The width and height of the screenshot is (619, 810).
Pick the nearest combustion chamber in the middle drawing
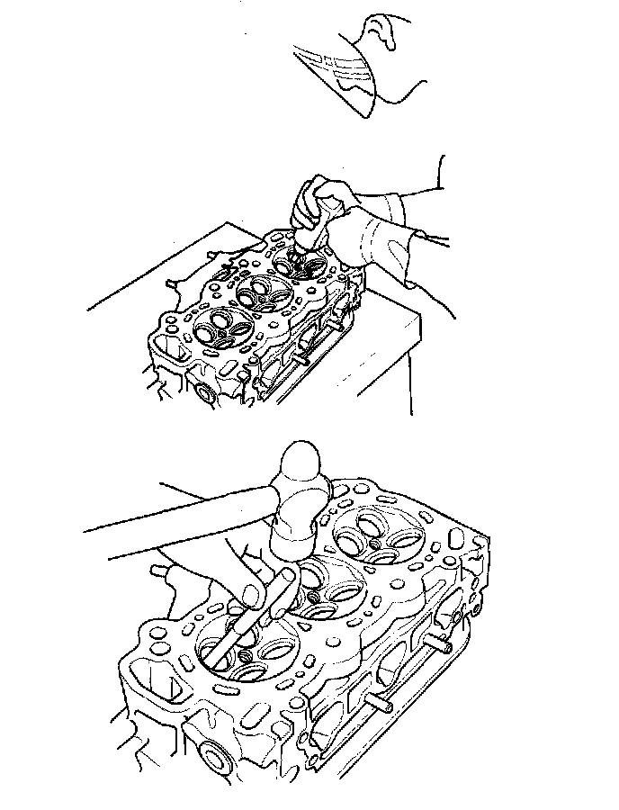(x=216, y=326)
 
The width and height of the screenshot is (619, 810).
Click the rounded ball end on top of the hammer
(x=302, y=464)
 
